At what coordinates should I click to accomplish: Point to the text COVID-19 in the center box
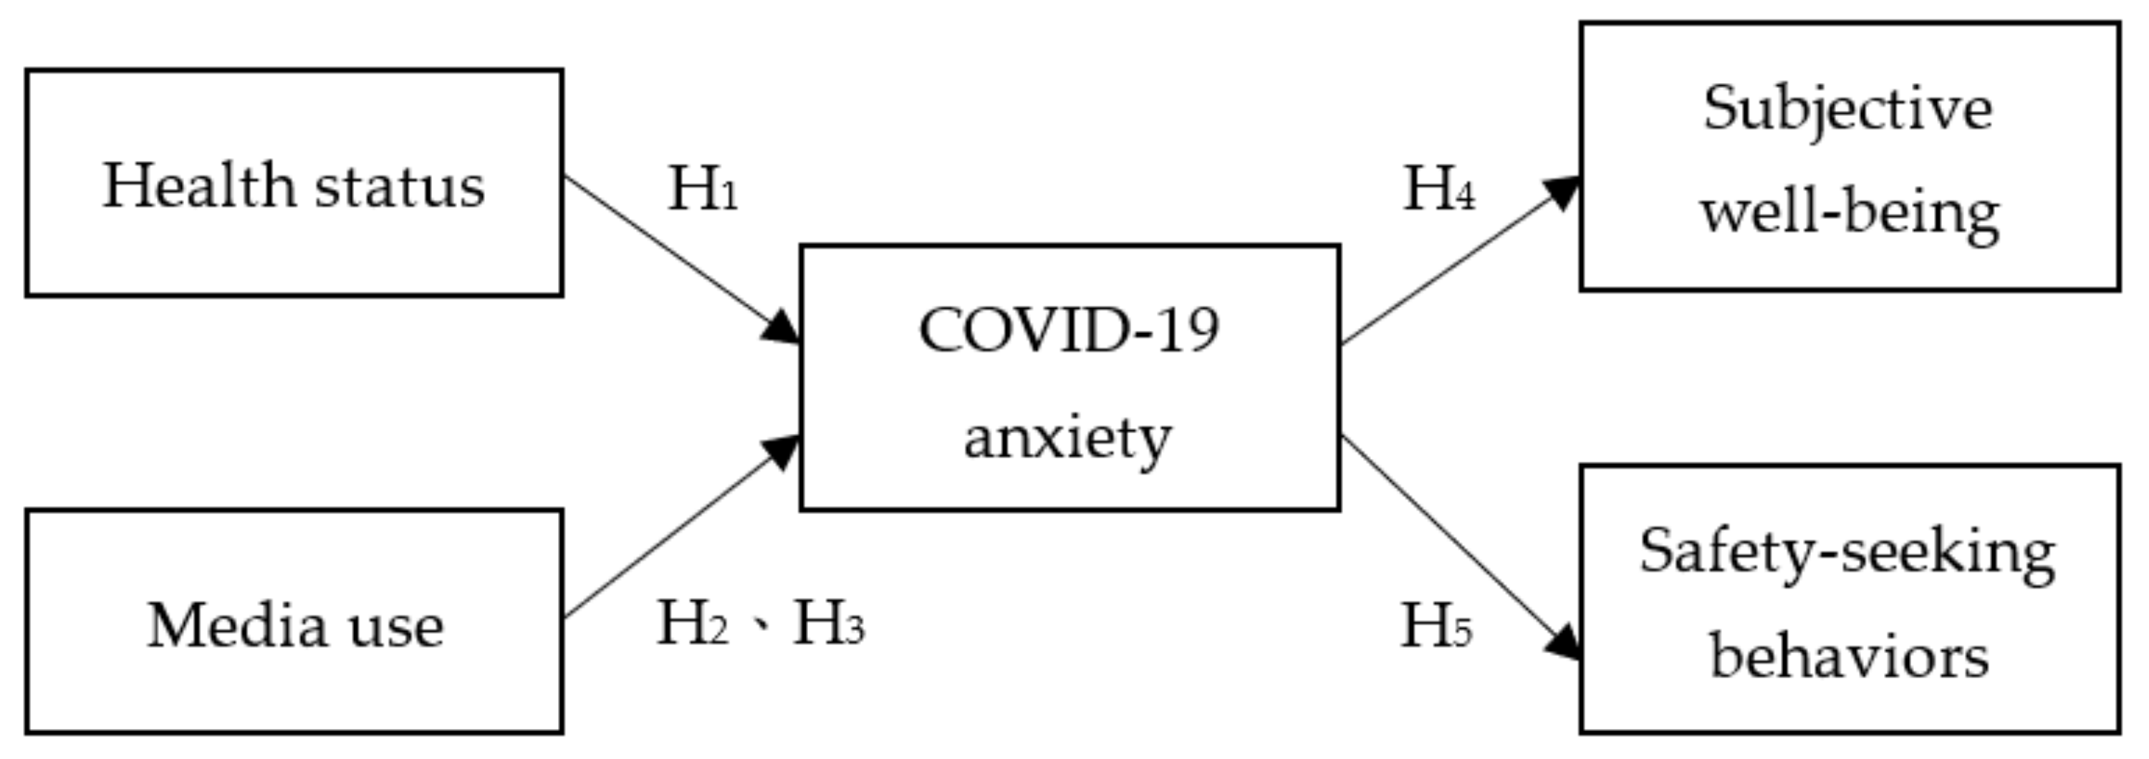coord(1069,330)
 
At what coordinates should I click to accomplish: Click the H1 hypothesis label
coord(703,189)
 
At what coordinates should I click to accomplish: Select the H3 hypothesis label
coord(828,624)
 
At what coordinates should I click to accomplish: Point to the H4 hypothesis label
coord(1438,189)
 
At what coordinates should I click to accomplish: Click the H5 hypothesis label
coord(1436,627)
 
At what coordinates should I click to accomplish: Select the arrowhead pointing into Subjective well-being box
coord(1562,191)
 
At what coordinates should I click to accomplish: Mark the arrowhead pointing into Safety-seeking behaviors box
coord(1564,644)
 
